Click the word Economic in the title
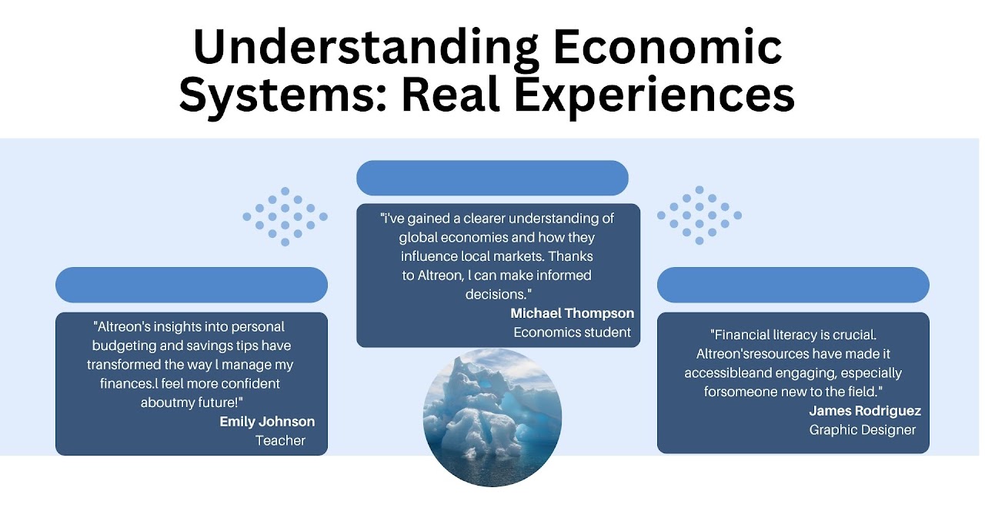click(667, 46)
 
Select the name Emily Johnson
click(267, 422)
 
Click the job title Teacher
click(281, 440)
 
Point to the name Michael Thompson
click(572, 313)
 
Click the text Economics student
click(572, 332)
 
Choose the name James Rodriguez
click(865, 410)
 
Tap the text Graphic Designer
click(863, 430)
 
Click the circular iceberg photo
click(492, 417)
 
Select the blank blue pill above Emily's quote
click(192, 285)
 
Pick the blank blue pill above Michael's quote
click(492, 178)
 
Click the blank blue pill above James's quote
click(793, 285)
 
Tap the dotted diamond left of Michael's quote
click(285, 216)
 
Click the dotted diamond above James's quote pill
click(700, 215)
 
